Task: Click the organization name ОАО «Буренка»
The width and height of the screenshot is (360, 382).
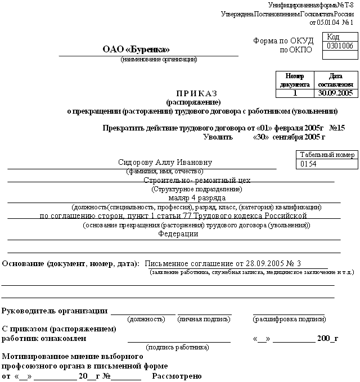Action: pos(136,50)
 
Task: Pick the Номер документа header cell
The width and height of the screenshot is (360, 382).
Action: pos(294,80)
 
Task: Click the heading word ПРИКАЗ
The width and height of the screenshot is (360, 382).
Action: pos(196,93)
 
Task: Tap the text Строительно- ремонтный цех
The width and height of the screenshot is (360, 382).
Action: pos(196,181)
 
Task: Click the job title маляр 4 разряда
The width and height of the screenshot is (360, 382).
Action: pos(191,198)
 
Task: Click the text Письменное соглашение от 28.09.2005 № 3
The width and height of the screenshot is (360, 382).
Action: pos(223,263)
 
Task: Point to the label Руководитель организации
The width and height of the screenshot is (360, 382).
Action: pos(55,311)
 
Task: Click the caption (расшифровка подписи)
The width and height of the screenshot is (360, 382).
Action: pos(289,319)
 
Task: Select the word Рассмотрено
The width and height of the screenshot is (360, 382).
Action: pos(177,376)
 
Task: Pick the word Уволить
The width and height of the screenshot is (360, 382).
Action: pos(216,137)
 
